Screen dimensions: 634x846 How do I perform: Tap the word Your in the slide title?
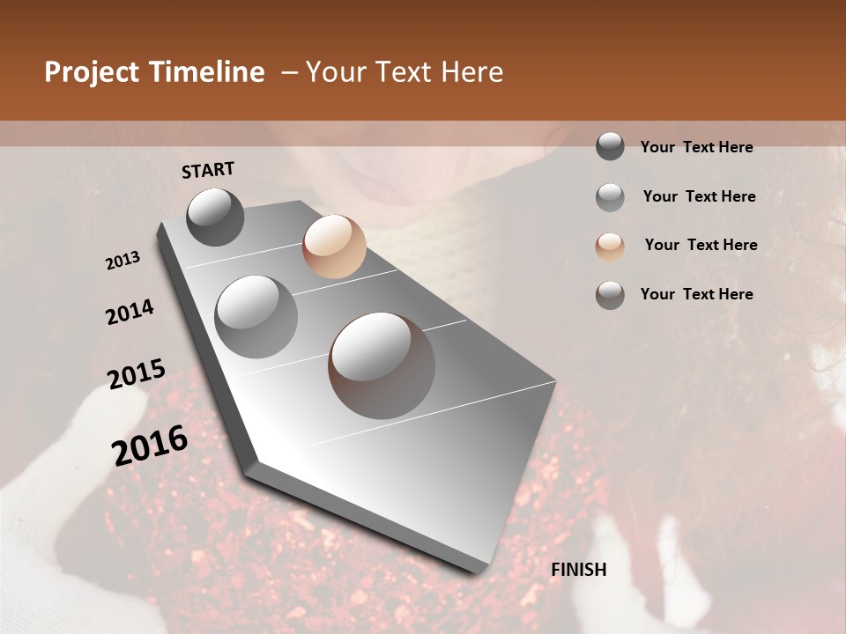click(x=336, y=72)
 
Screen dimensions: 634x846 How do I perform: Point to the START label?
click(x=208, y=170)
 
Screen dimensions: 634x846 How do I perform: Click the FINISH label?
click(x=579, y=570)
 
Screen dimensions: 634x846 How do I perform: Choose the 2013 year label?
click(x=122, y=261)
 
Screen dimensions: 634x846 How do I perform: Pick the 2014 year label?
click(x=130, y=313)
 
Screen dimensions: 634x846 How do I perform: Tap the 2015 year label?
click(x=136, y=374)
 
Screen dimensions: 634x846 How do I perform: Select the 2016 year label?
click(x=150, y=445)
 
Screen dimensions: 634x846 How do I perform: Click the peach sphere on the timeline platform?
click(x=334, y=247)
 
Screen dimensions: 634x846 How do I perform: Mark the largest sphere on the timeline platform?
click(x=382, y=365)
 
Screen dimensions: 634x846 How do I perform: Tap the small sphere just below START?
click(x=215, y=217)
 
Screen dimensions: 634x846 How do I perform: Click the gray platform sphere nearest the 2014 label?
click(x=256, y=316)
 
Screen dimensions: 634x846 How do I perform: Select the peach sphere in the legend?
click(x=610, y=247)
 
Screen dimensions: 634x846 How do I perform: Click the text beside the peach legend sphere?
click(x=701, y=245)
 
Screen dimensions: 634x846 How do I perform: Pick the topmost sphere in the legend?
click(x=610, y=146)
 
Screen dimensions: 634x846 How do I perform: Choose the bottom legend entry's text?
click(x=696, y=294)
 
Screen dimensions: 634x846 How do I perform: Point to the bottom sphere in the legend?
click(x=610, y=295)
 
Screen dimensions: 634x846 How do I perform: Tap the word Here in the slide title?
click(x=471, y=72)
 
